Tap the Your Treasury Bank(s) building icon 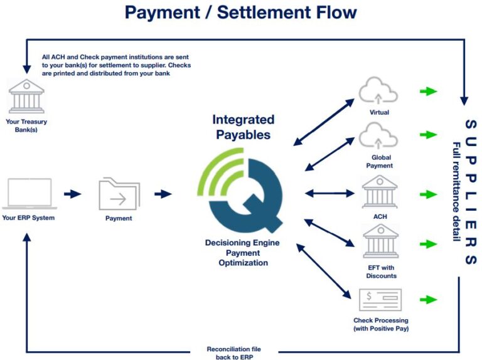[x=26, y=95]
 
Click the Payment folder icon [x=119, y=194]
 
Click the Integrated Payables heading [x=244, y=127]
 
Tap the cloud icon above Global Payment [x=378, y=136]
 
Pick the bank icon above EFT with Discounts [x=380, y=240]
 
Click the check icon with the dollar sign [x=380, y=300]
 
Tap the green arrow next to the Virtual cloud [x=429, y=92]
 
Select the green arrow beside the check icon [x=429, y=300]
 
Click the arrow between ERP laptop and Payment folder [x=73, y=194]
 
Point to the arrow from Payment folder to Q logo [x=163, y=194]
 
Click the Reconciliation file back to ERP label [x=233, y=352]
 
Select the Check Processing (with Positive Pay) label [x=380, y=324]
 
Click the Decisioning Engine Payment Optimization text [x=243, y=252]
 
